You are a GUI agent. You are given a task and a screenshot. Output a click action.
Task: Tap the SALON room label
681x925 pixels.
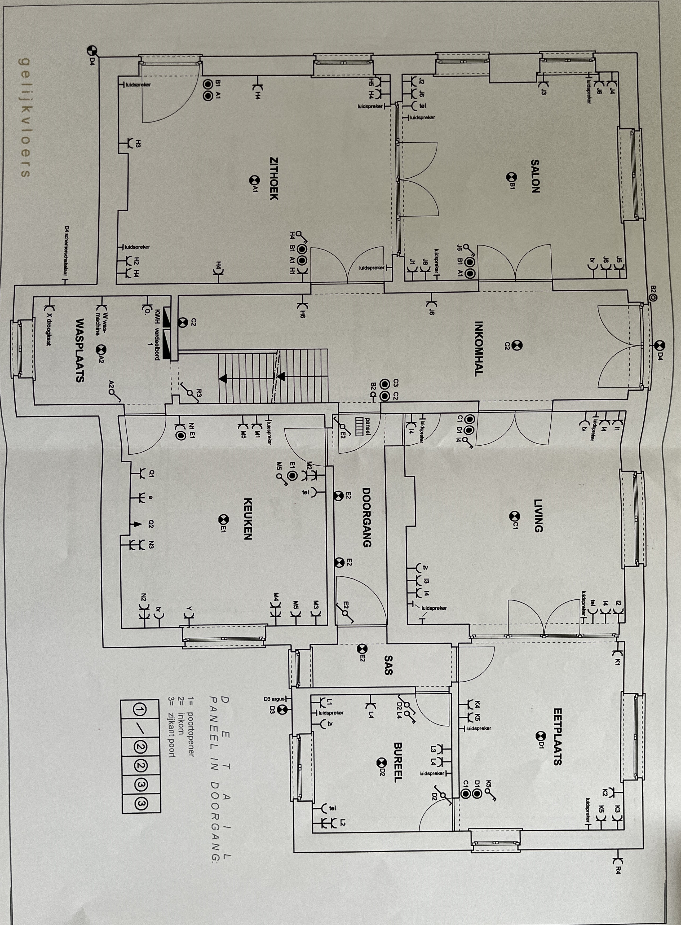[535, 177]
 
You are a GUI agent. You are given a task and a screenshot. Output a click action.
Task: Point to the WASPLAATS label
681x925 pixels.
[80, 350]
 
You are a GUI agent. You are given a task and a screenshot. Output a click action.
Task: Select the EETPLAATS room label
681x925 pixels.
[557, 737]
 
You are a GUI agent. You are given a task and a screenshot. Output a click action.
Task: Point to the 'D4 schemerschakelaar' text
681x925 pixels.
[66, 252]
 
